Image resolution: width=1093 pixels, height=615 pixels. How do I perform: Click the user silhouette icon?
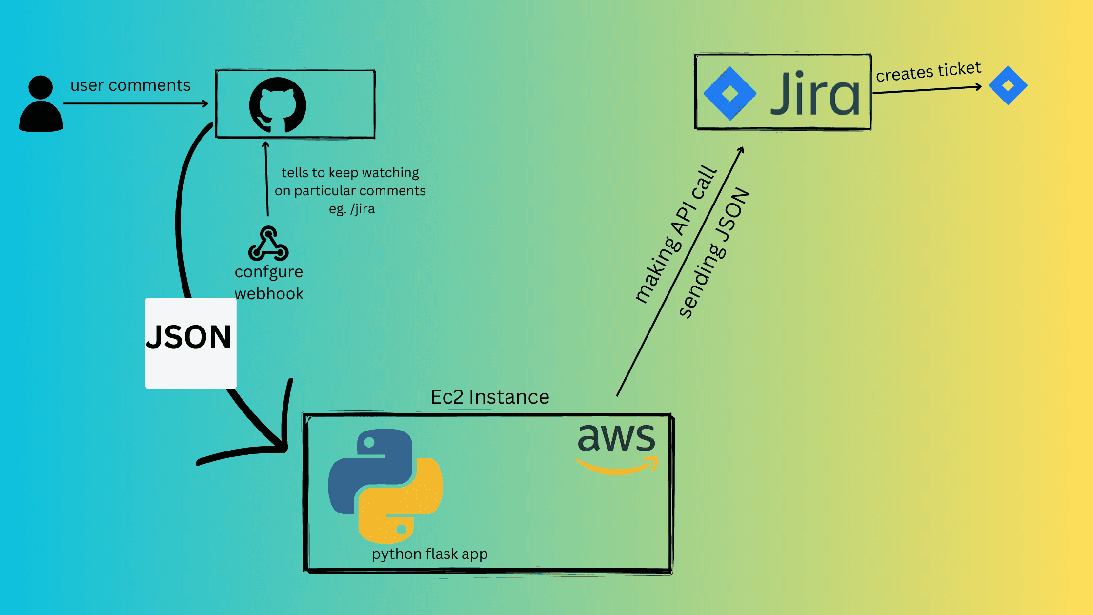pos(41,104)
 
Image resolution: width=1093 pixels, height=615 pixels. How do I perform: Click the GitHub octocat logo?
pos(278,105)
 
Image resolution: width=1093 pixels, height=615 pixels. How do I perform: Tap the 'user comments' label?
pos(130,85)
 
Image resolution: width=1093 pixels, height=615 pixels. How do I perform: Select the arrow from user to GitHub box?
pos(135,103)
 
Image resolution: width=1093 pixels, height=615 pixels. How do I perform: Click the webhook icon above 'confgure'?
pos(268,244)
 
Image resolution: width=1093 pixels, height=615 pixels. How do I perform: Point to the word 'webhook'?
pos(269,294)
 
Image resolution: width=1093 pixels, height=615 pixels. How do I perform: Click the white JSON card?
pos(191,343)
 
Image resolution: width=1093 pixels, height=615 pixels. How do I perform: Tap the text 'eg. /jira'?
pos(352,209)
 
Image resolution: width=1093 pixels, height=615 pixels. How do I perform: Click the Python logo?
pos(385,486)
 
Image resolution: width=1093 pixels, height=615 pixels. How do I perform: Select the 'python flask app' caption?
pos(429,554)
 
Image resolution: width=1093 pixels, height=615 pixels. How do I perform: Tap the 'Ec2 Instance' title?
pos(490,397)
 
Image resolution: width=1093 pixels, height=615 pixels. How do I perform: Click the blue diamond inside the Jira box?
pos(729,93)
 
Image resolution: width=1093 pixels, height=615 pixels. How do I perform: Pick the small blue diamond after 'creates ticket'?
pos(1008,86)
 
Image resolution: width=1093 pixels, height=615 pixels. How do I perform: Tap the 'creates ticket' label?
pos(928,72)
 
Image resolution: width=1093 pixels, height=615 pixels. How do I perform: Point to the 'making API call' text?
pos(676,234)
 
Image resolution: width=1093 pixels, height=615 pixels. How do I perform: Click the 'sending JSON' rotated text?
pos(714,253)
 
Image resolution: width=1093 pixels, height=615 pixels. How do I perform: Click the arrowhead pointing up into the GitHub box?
pos(266,145)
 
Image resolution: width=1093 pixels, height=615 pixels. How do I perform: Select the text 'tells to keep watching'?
pos(350,173)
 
